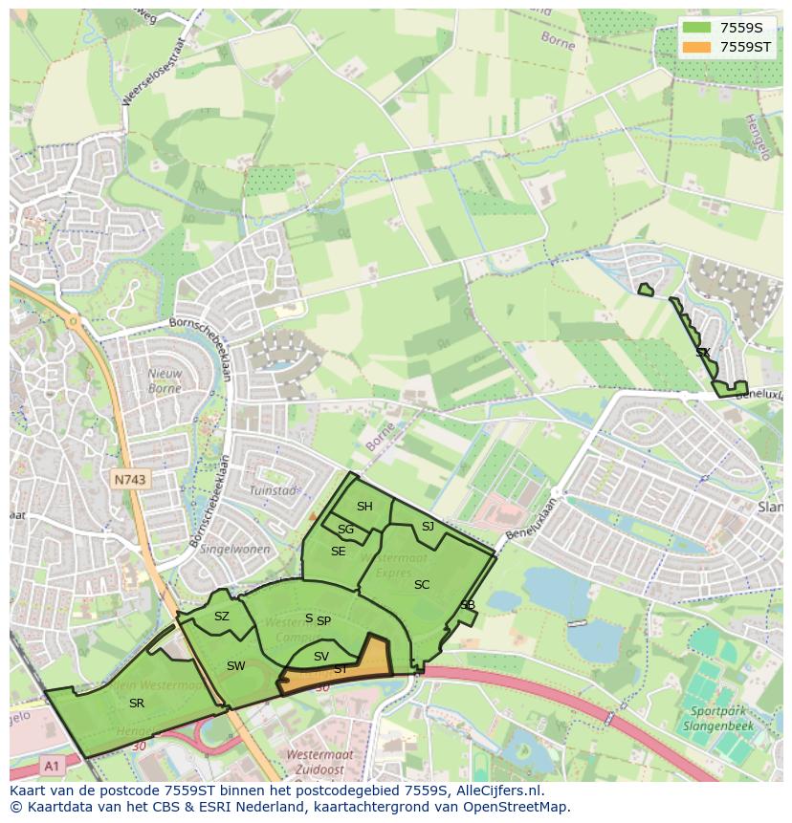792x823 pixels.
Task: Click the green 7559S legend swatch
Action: pos(698,28)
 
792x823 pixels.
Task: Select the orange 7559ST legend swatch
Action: pos(698,47)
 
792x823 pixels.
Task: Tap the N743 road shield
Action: pos(129,481)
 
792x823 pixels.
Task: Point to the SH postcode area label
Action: pos(364,507)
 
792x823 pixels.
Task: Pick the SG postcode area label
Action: pos(345,530)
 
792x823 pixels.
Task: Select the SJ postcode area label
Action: pos(428,526)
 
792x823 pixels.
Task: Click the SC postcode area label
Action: pos(422,585)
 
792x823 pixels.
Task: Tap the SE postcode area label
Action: pos(339,552)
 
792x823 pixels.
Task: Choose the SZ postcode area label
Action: pos(222,617)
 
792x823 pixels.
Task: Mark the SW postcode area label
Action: pos(236,666)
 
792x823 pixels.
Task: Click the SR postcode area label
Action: pos(137,703)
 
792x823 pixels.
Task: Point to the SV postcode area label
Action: pos(321,657)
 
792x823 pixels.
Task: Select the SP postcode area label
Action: pos(323,621)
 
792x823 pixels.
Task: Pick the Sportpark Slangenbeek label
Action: pos(718,720)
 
